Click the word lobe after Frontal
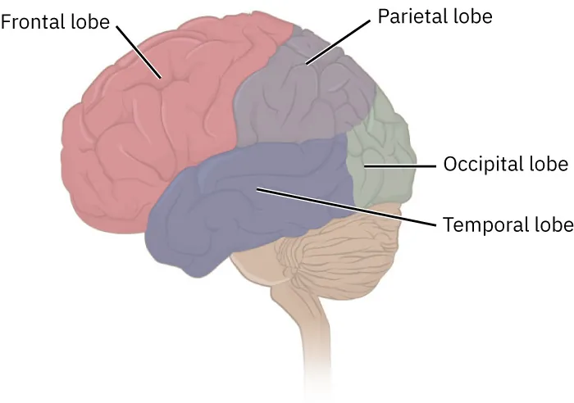(91, 21)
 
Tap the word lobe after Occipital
(547, 164)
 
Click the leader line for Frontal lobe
(139, 51)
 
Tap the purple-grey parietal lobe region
(295, 98)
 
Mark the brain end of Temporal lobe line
(257, 190)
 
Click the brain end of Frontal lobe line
(162, 79)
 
